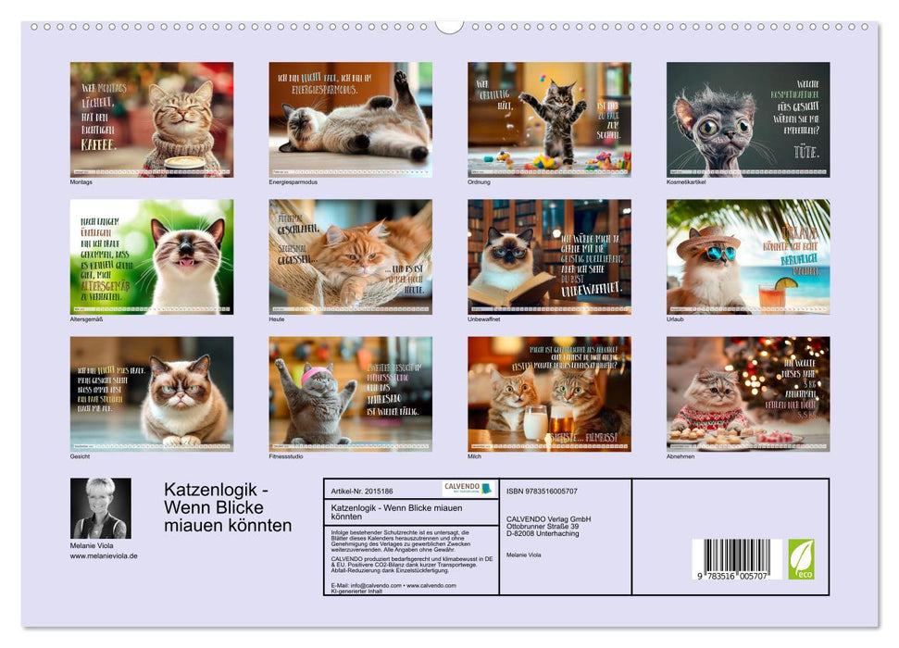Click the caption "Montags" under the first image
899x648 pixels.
(x=81, y=181)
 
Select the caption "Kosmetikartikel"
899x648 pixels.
(x=685, y=181)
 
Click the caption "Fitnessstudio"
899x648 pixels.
(x=286, y=456)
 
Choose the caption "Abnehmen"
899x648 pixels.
(x=680, y=456)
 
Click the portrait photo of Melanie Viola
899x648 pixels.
(x=101, y=508)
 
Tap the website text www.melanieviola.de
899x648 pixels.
(x=104, y=555)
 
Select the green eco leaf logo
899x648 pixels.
(x=801, y=558)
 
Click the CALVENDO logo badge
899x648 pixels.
(x=468, y=488)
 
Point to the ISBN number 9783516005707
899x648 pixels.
(x=542, y=491)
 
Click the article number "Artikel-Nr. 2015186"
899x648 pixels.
(x=360, y=491)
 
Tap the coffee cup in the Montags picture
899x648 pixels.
(x=184, y=163)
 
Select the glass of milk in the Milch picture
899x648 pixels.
(x=535, y=423)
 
